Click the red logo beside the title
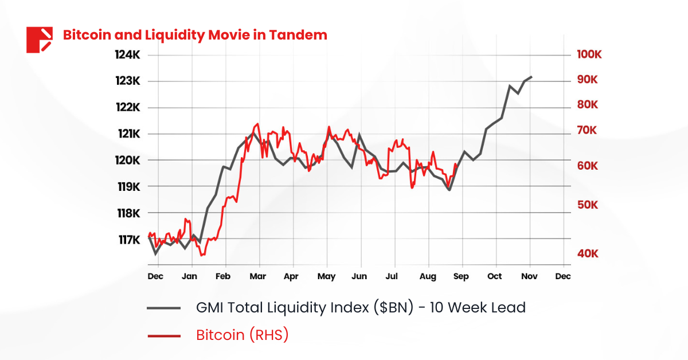(39, 40)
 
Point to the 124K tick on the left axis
(127, 55)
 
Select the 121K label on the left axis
(127, 134)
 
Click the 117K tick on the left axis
(128, 240)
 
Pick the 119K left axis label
(128, 187)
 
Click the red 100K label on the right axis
(589, 55)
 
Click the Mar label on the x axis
(257, 276)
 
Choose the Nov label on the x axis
(529, 276)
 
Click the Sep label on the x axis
(461, 276)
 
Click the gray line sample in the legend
(164, 308)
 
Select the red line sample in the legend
(164, 335)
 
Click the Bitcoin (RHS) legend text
(242, 335)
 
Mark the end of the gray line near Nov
(531, 77)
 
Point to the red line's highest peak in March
(257, 124)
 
